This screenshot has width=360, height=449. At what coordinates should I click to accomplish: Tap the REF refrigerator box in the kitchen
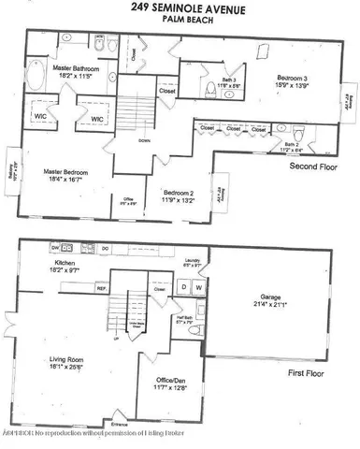(101, 289)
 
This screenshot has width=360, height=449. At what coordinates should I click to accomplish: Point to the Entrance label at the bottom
(120, 426)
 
